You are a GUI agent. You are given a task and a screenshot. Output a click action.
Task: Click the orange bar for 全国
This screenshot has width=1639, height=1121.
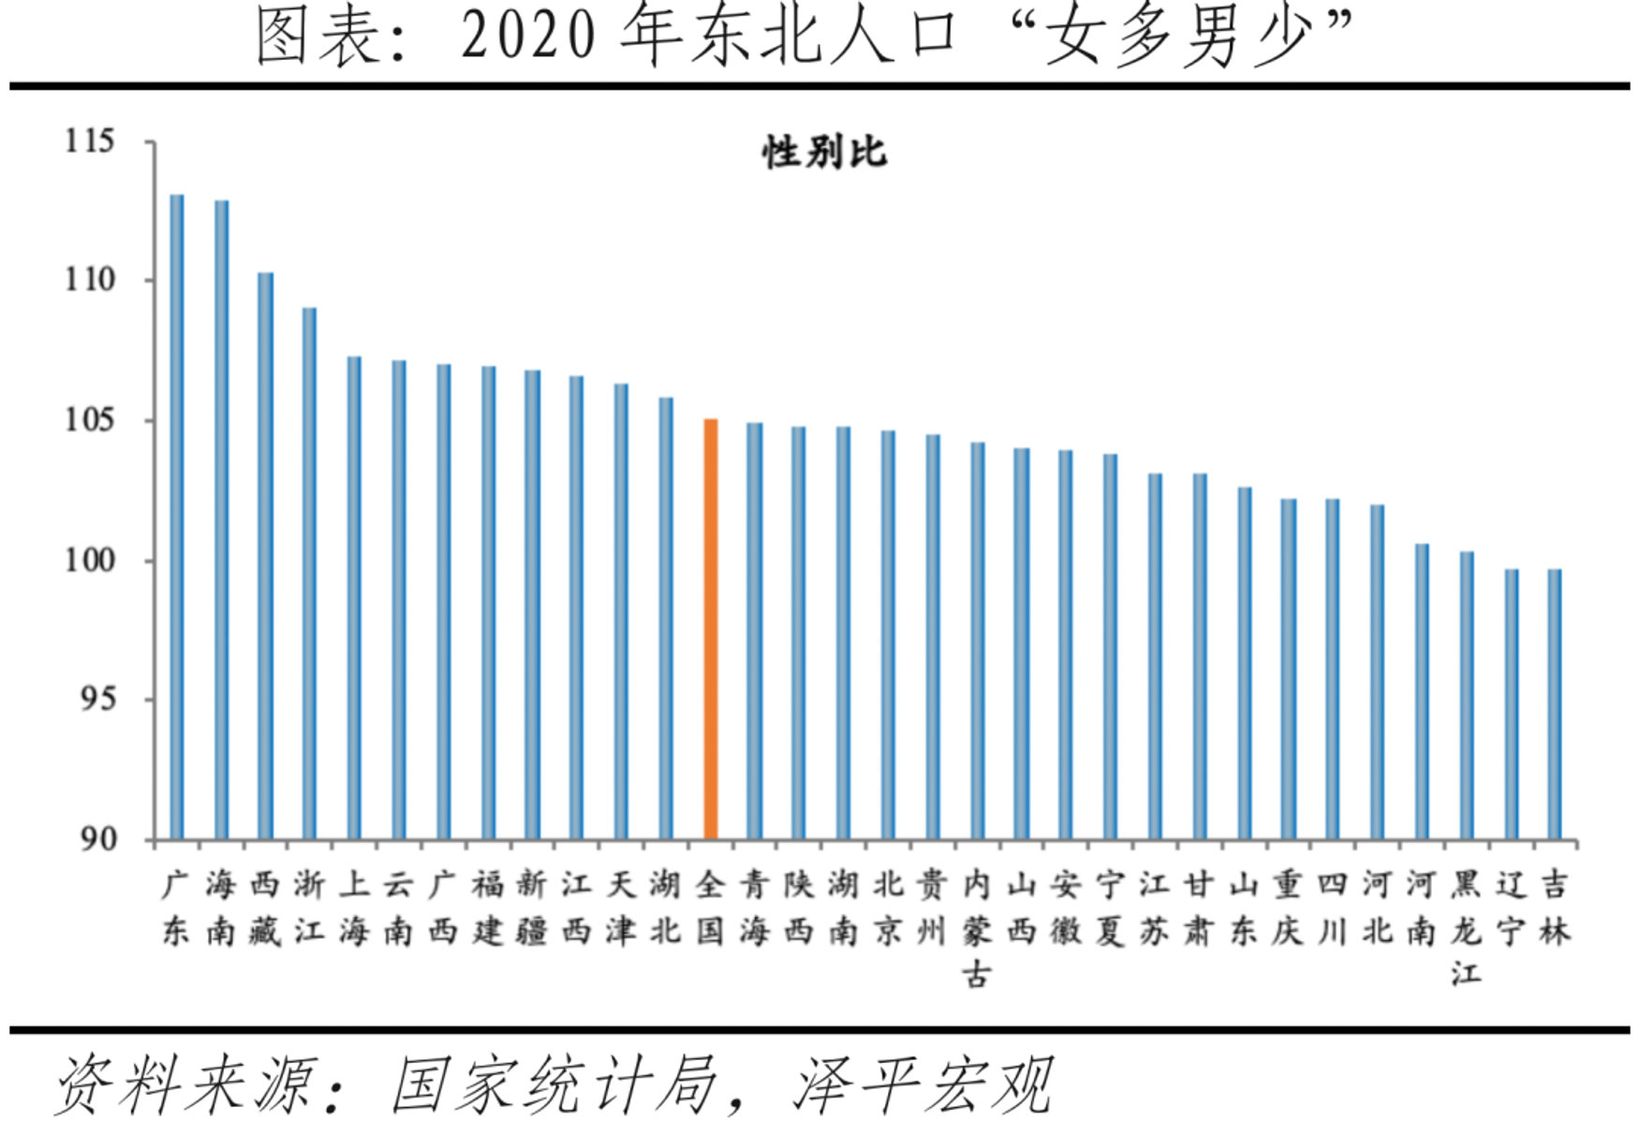[x=711, y=628]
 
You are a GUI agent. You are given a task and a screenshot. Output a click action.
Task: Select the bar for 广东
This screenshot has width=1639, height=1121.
[x=177, y=516]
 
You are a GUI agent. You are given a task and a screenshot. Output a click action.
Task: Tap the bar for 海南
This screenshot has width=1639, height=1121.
[x=221, y=519]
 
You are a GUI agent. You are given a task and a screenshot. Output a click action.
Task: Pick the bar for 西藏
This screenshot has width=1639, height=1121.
[x=266, y=555]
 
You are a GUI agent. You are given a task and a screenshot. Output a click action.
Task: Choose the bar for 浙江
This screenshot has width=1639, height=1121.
[x=309, y=572]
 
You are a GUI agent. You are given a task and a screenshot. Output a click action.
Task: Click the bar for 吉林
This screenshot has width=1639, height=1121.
[x=1555, y=703]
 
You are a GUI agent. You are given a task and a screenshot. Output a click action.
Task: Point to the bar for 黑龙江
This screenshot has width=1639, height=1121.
[x=1467, y=695]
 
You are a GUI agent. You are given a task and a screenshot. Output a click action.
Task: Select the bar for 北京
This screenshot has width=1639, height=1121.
[x=888, y=634]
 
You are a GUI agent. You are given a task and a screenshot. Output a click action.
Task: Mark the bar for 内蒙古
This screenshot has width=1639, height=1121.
[x=978, y=640]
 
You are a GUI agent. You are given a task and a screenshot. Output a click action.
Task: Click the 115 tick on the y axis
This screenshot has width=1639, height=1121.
[x=90, y=141]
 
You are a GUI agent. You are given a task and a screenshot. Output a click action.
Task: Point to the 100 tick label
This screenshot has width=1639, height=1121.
[x=90, y=560]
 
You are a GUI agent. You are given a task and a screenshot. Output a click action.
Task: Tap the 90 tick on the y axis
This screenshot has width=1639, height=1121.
[x=97, y=838]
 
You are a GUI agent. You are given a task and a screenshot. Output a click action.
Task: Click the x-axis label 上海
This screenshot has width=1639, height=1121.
[x=354, y=907]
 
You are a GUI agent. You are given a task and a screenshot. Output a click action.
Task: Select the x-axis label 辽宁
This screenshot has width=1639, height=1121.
[x=1511, y=907]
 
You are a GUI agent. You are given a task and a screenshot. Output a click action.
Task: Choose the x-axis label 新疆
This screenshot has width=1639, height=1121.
[x=532, y=907]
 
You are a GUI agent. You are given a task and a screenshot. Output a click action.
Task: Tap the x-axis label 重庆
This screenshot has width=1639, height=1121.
[x=1288, y=907]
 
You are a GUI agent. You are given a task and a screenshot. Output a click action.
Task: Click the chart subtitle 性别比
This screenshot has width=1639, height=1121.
[x=824, y=153]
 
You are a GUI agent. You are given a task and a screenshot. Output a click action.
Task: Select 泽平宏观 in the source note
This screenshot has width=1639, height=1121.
[x=923, y=1085]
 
